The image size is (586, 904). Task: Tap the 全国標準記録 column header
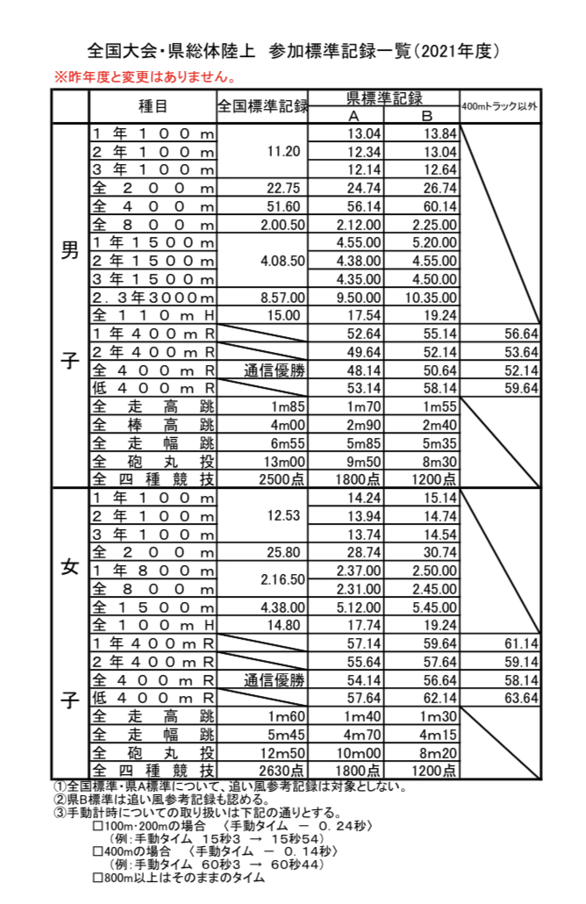(x=262, y=107)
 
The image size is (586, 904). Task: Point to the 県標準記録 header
(x=384, y=98)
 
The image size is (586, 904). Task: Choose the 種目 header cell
(x=153, y=106)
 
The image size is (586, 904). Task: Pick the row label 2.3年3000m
(x=153, y=298)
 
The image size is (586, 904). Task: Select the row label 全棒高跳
(x=153, y=425)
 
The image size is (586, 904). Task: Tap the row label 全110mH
(x=153, y=315)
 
